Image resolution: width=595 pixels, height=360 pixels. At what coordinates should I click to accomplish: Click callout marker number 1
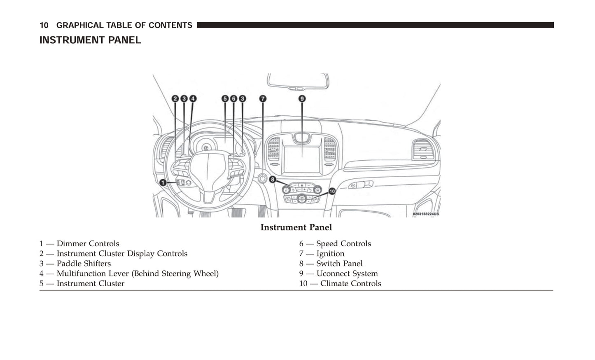click(163, 182)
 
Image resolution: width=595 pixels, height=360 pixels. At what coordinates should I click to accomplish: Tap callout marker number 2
click(175, 98)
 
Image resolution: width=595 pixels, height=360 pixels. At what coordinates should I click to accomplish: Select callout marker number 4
click(193, 98)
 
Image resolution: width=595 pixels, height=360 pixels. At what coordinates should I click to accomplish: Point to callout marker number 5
click(225, 98)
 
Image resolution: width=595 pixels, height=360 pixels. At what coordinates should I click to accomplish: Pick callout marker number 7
click(263, 98)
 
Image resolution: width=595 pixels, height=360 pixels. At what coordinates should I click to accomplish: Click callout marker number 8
click(272, 179)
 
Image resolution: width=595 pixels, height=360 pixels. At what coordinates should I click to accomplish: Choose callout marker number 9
click(302, 98)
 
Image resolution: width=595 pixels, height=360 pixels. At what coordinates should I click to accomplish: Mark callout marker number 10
click(332, 191)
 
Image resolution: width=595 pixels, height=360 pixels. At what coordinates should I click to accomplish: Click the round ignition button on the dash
click(263, 178)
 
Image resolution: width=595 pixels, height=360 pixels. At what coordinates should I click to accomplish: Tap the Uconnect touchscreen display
click(302, 159)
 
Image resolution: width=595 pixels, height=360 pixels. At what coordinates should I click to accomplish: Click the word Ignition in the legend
click(330, 254)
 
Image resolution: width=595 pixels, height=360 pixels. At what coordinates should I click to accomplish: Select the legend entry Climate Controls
click(350, 283)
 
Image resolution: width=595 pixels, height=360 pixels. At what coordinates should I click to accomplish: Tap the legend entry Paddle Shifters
click(84, 264)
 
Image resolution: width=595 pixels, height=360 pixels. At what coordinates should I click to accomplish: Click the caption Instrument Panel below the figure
click(296, 227)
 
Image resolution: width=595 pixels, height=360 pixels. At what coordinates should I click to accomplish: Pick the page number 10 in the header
click(44, 25)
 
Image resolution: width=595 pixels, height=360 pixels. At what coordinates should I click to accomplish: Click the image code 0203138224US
click(425, 214)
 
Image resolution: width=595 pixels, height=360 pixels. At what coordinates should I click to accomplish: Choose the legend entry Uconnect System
click(347, 274)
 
